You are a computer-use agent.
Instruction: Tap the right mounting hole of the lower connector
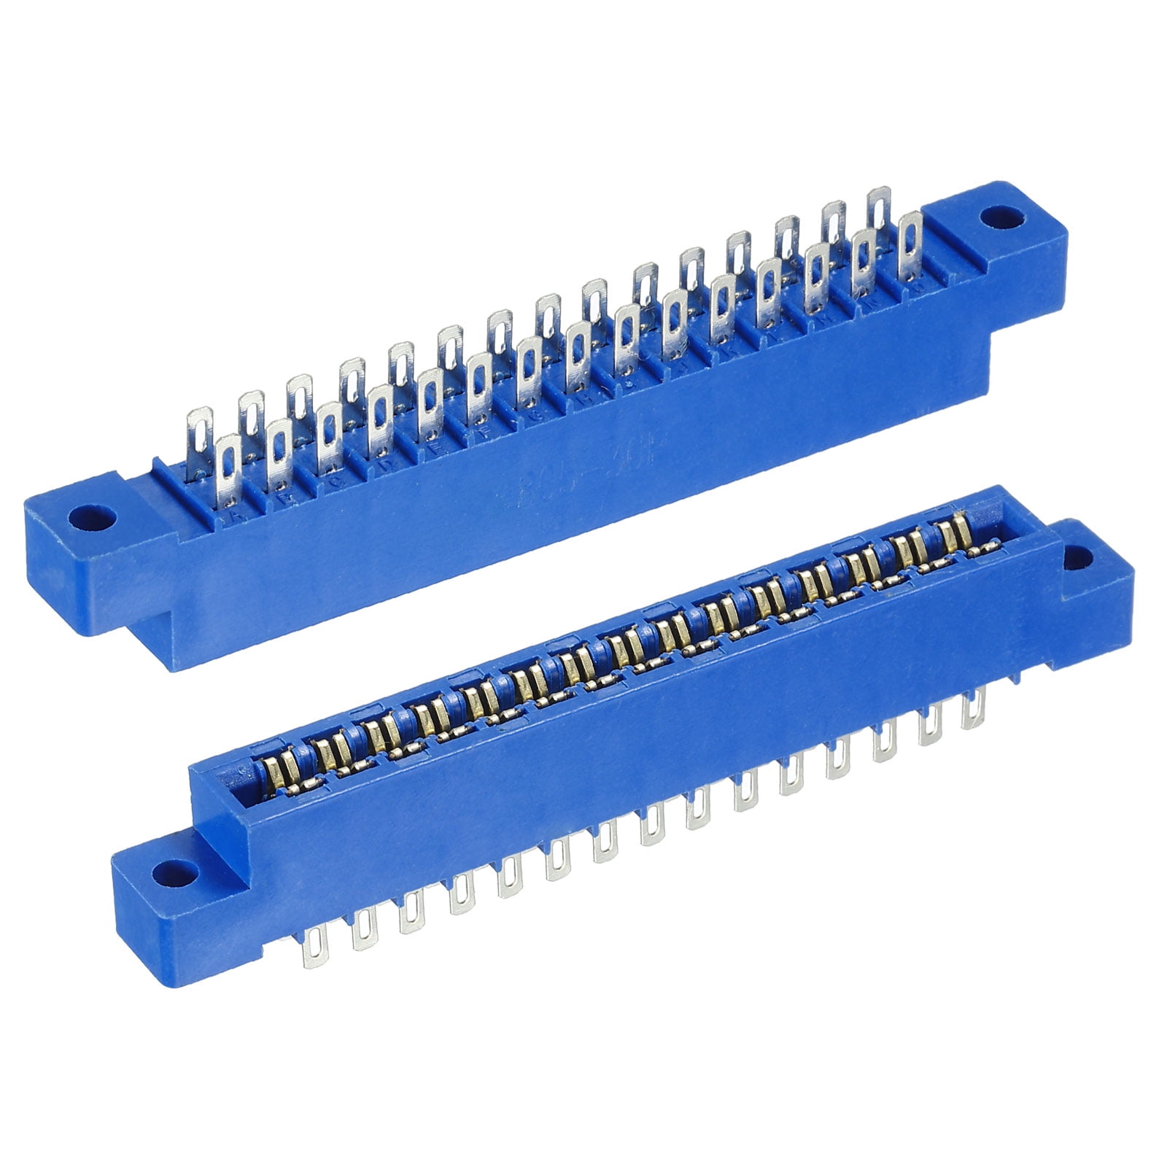click(1079, 558)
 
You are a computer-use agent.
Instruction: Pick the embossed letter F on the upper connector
click(484, 439)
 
